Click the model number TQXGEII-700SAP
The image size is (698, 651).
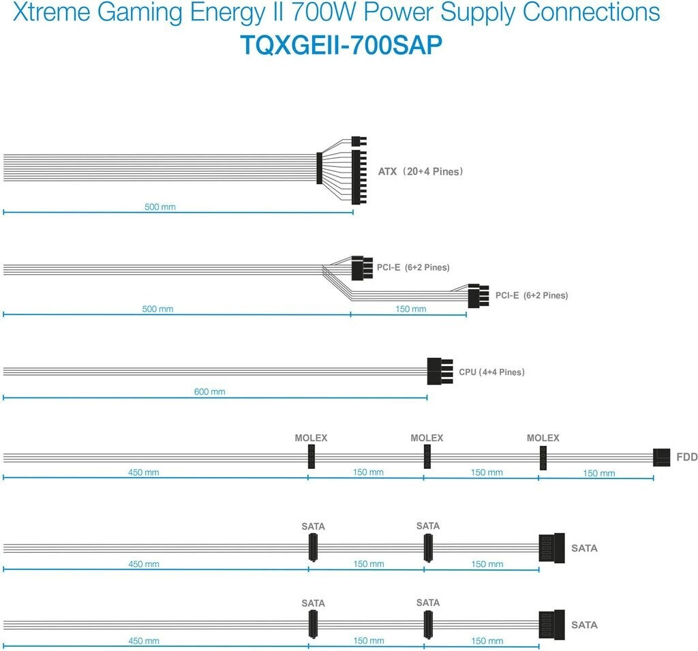pos(342,44)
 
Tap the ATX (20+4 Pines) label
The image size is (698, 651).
pos(421,172)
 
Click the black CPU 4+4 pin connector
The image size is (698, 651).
pos(440,372)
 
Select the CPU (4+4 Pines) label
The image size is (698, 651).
pos(491,372)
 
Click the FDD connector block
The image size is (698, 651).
pos(662,457)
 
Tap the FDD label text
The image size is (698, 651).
pos(686,457)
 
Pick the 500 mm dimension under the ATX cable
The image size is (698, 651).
pos(160,207)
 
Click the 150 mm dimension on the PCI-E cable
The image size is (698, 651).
pos(411,309)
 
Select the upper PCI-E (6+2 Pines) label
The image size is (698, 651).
pos(413,267)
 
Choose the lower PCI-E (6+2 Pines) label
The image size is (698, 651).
pos(532,296)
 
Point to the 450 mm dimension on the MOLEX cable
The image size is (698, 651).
pos(143,472)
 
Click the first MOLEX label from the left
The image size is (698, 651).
pos(311,438)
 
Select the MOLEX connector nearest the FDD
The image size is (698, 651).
pos(543,457)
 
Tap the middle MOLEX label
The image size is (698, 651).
pos(427,438)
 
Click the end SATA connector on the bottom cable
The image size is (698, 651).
pos(552,624)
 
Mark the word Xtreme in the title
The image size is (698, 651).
pos(46,13)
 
